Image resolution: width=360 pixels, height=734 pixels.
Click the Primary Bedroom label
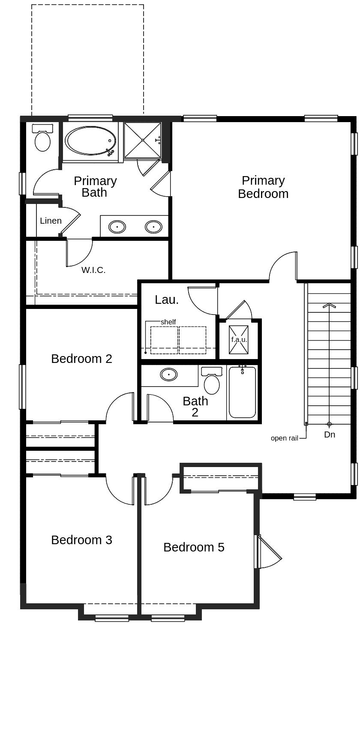click(263, 187)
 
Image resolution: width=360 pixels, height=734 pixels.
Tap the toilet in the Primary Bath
click(42, 138)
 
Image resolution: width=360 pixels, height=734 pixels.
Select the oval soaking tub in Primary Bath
click(90, 141)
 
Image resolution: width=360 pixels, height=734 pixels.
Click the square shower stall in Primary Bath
click(143, 140)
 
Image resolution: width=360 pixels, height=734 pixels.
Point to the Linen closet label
click(51, 221)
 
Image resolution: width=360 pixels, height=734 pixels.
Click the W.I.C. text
click(93, 270)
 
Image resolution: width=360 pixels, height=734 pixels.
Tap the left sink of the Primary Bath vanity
click(117, 227)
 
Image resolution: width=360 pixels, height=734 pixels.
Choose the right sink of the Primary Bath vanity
click(153, 227)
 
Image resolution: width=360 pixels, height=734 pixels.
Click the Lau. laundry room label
click(167, 300)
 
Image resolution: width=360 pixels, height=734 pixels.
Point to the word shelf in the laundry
click(168, 322)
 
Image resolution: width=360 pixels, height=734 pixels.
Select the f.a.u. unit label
click(239, 339)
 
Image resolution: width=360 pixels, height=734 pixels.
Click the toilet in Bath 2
click(212, 381)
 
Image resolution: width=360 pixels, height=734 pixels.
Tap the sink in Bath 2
click(169, 374)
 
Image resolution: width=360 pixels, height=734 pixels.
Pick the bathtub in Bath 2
click(242, 392)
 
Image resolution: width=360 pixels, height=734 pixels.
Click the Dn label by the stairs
click(330, 434)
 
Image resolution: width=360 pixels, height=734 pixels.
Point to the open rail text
click(284, 438)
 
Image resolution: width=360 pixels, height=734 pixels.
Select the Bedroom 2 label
click(81, 359)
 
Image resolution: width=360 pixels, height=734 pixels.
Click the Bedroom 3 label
click(81, 540)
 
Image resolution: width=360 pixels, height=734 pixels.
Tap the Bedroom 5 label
click(194, 547)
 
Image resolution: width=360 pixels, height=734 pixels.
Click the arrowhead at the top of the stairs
click(329, 306)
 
